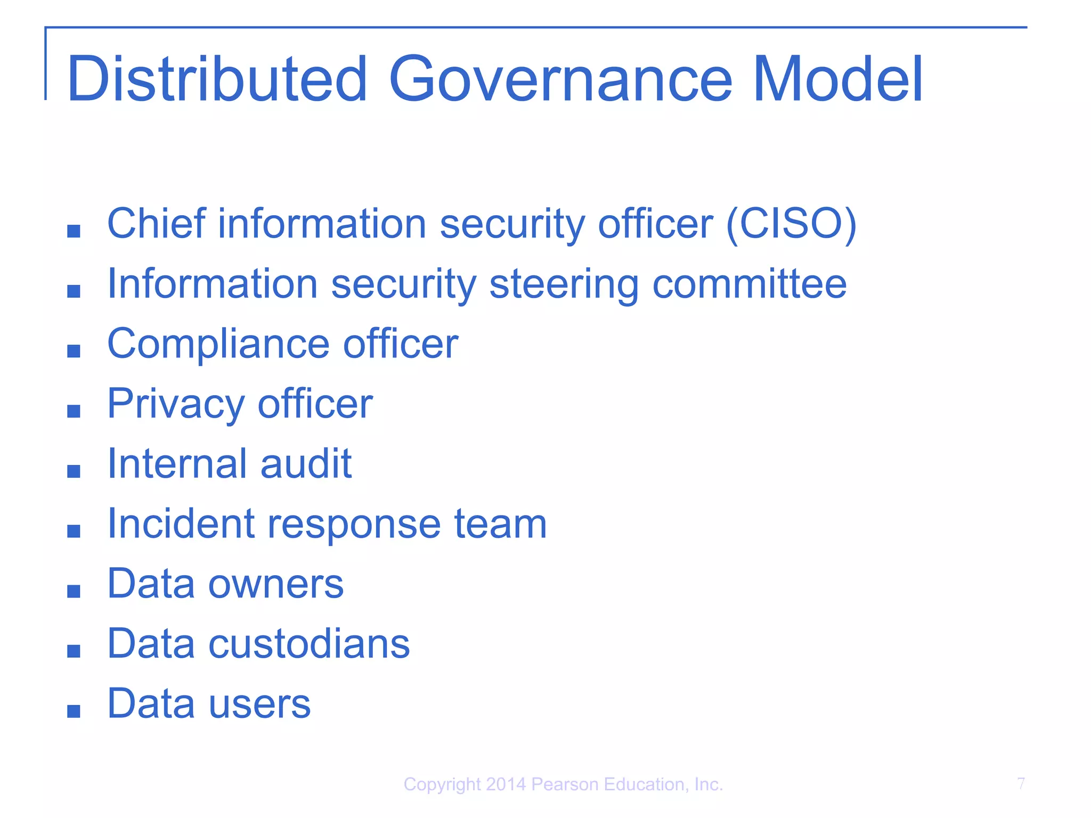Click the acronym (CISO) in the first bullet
(791, 224)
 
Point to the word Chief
(156, 223)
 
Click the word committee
(750, 284)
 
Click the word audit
(306, 463)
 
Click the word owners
(276, 584)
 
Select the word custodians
(309, 643)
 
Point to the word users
(259, 704)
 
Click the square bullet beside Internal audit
(74, 471)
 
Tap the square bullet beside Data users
(74, 711)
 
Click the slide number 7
(1021, 783)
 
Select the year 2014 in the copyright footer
(506, 784)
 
